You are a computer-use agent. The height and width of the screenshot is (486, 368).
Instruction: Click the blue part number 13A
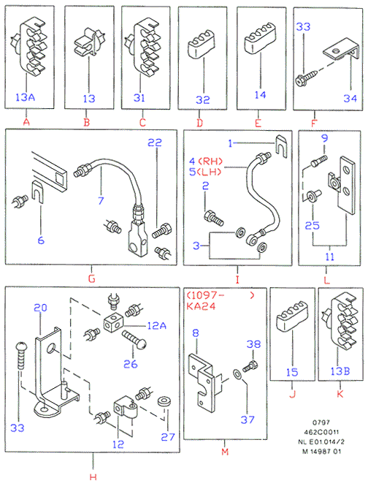click(x=25, y=97)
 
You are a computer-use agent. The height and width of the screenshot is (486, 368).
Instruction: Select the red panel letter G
click(x=92, y=278)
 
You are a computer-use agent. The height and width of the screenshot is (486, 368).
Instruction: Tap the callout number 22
click(x=155, y=143)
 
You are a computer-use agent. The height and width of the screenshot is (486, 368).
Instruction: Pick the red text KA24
click(x=201, y=306)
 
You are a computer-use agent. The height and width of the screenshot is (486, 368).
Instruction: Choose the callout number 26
click(x=131, y=363)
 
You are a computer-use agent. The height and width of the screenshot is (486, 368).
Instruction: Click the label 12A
click(x=157, y=325)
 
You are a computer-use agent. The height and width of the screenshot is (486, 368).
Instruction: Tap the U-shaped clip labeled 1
click(x=282, y=145)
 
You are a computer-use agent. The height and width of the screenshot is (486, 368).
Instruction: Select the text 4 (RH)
click(x=206, y=162)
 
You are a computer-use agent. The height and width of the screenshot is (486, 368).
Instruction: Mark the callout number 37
click(x=248, y=419)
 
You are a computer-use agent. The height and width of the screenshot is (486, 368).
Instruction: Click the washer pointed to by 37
click(x=237, y=374)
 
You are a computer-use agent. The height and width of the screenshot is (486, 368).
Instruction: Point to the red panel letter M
click(x=225, y=452)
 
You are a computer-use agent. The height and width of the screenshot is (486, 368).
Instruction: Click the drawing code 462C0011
click(x=321, y=432)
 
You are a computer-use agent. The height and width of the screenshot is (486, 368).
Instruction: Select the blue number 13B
click(x=340, y=371)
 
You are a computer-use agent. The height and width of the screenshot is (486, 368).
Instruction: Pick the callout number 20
click(x=40, y=308)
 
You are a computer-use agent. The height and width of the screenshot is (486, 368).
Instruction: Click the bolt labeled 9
click(x=318, y=162)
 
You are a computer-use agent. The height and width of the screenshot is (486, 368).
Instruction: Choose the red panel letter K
click(x=340, y=394)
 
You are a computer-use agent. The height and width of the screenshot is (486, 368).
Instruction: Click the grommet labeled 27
click(x=164, y=402)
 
